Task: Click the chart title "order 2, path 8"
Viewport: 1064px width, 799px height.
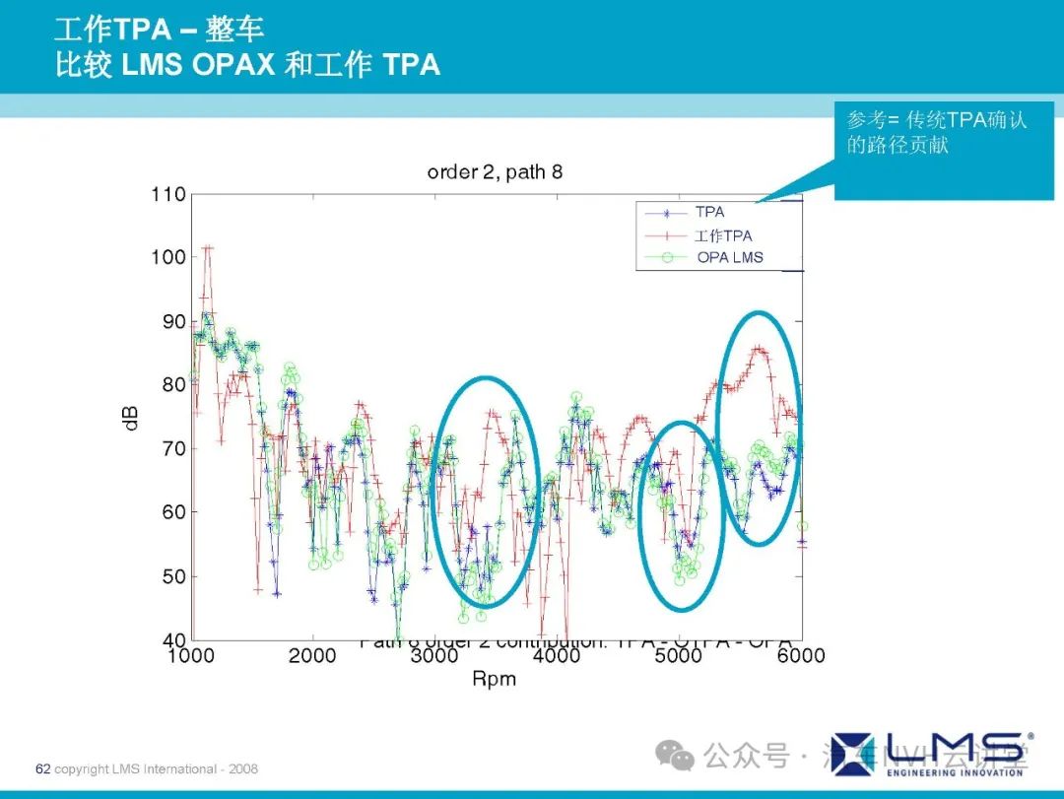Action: [495, 172]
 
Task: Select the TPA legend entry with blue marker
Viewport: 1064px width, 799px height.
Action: [709, 212]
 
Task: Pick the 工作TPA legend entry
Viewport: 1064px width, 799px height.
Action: [722, 235]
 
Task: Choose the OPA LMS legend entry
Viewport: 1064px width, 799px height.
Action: [729, 258]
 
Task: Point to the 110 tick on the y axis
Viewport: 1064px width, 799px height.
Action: [168, 194]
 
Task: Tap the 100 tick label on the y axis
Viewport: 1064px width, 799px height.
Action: [168, 257]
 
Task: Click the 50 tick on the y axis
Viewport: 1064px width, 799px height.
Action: [172, 576]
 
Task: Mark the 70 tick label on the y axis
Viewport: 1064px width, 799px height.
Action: [172, 448]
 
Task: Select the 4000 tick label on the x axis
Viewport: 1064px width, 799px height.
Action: [557, 656]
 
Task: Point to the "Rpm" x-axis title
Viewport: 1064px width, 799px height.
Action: [495, 679]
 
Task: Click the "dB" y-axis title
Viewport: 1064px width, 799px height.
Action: [130, 417]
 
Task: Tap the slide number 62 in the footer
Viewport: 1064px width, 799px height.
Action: [42, 768]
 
